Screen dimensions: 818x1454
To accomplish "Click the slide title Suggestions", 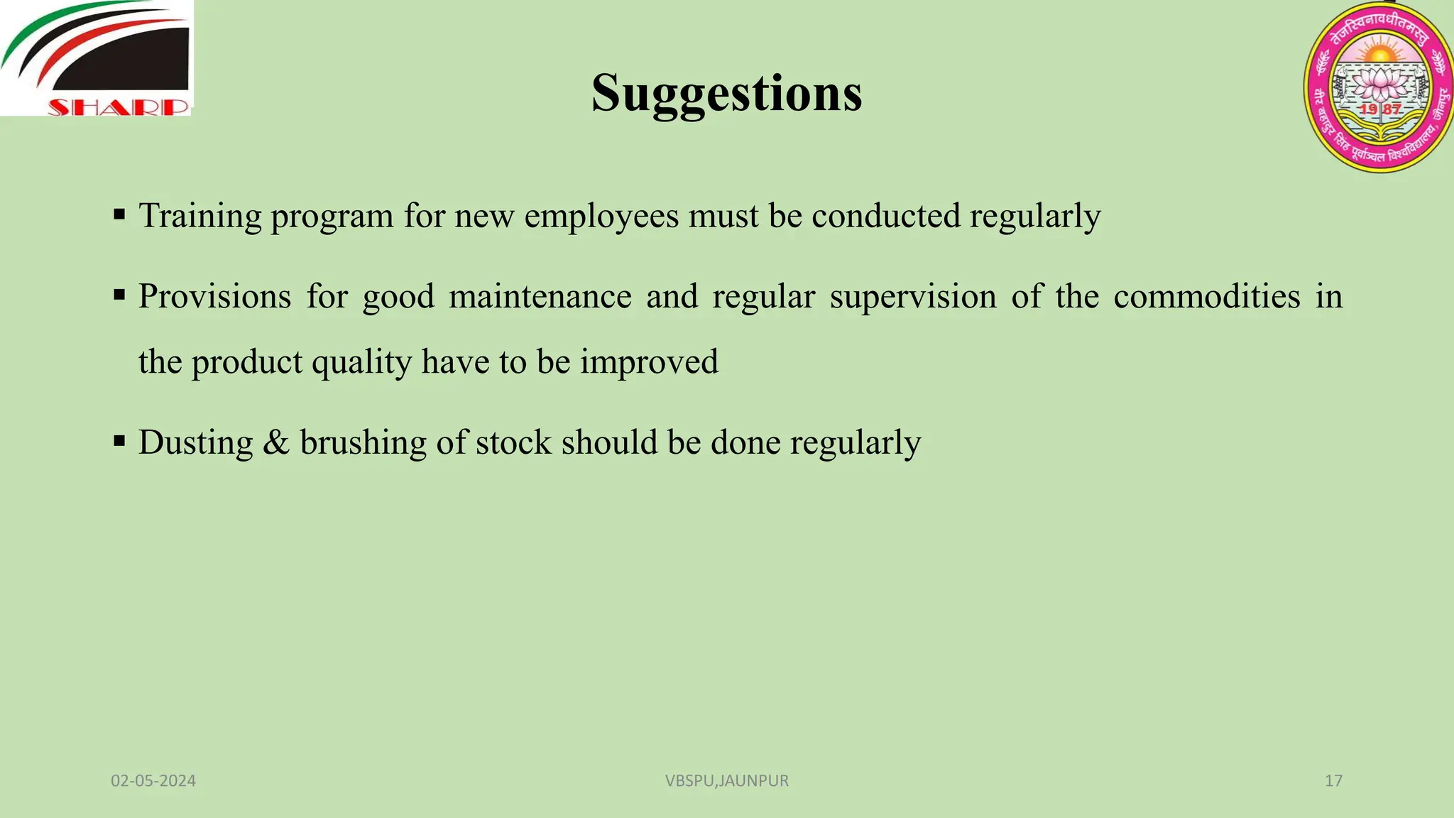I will (x=726, y=93).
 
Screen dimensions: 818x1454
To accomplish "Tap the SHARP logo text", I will (x=119, y=108).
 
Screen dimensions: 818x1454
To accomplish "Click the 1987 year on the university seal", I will (x=1380, y=109).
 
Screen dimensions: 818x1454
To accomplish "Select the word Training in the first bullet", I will (x=200, y=216).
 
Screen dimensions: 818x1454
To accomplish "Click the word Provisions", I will (x=214, y=296).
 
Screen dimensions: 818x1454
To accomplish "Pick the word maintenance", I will (x=540, y=296).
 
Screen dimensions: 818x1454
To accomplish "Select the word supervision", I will (x=913, y=296).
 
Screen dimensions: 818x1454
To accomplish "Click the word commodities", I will (x=1206, y=296).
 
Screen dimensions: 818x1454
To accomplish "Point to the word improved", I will (x=649, y=362).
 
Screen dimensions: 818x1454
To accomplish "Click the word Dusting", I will (x=195, y=442).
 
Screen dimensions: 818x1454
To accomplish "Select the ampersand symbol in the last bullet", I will (x=276, y=442).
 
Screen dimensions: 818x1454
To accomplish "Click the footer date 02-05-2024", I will (x=153, y=780).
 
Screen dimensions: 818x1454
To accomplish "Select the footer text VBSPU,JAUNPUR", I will (x=726, y=780).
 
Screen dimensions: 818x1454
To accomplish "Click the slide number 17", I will (x=1333, y=780).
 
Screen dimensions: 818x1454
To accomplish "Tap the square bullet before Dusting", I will (x=119, y=442).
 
